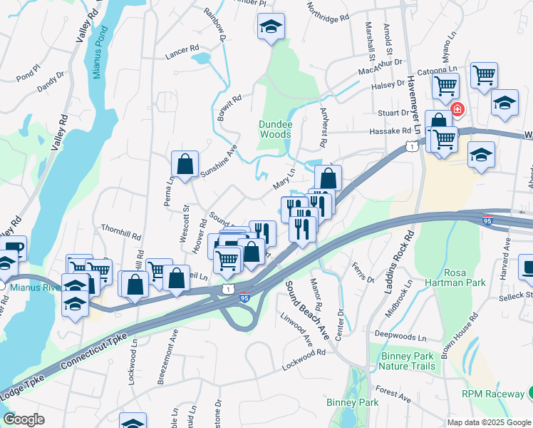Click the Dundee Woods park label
(275, 128)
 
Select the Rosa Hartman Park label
(465, 277)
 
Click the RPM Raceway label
(492, 394)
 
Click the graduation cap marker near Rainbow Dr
(271, 26)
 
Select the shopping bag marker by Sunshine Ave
(185, 164)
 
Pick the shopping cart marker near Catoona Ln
(485, 74)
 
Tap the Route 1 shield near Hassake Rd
(411, 146)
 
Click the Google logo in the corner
(24, 419)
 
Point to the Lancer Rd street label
(182, 51)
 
